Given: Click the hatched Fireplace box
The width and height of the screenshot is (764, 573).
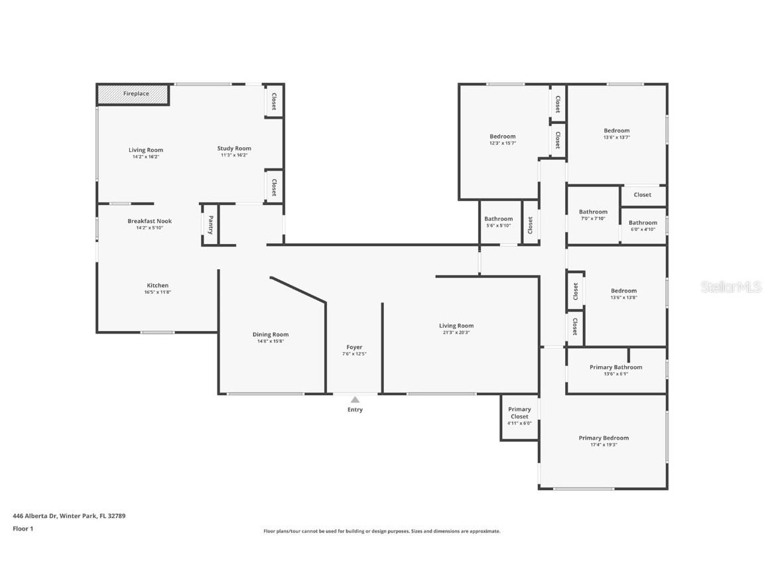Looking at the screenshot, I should coord(133,94).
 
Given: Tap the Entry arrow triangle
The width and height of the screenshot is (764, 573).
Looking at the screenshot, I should coord(355,399).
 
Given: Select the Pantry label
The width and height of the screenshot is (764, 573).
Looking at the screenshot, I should coord(210,224).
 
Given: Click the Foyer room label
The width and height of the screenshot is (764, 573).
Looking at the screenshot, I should coord(354,348).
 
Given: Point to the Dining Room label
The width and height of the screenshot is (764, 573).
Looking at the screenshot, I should coord(271,335).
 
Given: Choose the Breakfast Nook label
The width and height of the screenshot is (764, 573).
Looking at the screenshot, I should coord(149,222).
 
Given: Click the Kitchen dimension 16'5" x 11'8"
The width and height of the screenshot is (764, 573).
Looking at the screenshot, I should coord(157,292).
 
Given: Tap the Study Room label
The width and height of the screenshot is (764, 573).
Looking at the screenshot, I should coord(234,149).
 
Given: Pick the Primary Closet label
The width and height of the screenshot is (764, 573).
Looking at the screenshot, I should coord(519,413).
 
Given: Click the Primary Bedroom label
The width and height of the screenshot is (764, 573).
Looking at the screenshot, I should coord(604,438).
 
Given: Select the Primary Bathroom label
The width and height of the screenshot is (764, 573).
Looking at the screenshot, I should coord(615,367).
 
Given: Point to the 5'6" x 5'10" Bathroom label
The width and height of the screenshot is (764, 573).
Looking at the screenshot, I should coord(498,220).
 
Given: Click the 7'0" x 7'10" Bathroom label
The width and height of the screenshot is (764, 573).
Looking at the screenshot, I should coord(593,212).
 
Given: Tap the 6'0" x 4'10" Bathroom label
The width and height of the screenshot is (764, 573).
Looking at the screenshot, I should coord(643,223).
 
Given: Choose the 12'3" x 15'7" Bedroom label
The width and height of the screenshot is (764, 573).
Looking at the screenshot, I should coord(503,137).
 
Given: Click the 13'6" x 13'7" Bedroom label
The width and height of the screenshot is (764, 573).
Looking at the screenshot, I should coord(616,131).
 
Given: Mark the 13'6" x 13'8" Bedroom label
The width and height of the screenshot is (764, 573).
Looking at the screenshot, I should coord(623,291).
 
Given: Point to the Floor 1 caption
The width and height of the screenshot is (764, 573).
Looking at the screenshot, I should coord(23,529).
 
